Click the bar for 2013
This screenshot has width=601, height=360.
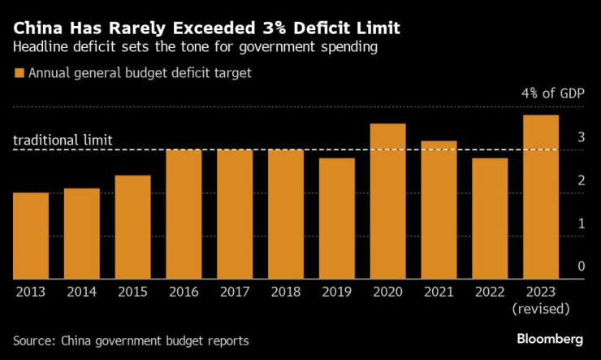point(31,236)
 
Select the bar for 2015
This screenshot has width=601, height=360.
point(132,227)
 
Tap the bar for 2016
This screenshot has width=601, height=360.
point(184,214)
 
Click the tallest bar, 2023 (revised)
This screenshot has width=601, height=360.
point(541,197)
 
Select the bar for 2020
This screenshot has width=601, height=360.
point(387,201)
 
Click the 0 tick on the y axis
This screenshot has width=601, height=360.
point(581,266)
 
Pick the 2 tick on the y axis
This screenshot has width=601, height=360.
point(581,180)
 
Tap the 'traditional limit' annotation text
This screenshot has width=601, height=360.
point(62,141)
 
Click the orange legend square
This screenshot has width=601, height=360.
point(19,73)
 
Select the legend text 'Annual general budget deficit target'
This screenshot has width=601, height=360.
point(140,73)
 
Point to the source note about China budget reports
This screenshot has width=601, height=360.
point(131,339)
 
